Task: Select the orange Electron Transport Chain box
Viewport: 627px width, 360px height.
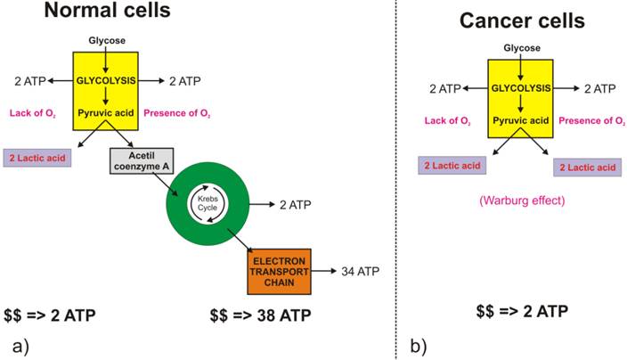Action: pos(276,270)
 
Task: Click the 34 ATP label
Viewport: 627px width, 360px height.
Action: pos(360,270)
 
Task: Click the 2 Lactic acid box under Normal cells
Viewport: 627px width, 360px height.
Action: pos(37,158)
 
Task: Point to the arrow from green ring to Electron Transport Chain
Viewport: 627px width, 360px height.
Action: pos(238,239)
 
